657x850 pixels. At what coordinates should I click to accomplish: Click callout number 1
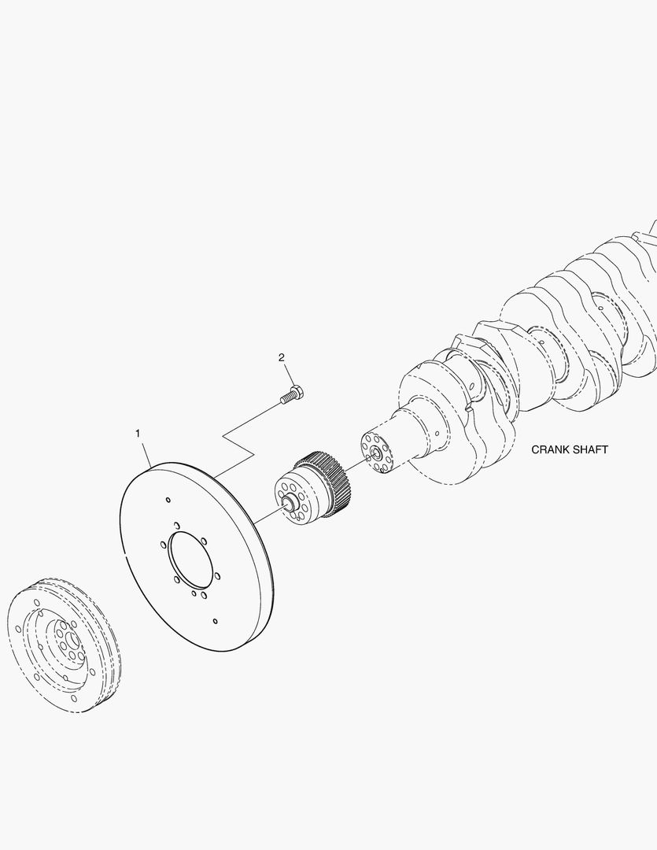click(138, 434)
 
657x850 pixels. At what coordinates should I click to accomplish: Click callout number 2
click(281, 358)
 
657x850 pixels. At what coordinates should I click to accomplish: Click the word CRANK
click(550, 450)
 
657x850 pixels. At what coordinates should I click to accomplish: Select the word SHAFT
click(589, 450)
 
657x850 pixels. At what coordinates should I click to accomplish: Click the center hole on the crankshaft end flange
click(375, 453)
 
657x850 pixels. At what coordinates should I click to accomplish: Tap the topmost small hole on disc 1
click(168, 499)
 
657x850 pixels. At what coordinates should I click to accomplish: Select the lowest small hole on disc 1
click(215, 622)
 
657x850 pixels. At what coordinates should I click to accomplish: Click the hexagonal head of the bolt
click(297, 391)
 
